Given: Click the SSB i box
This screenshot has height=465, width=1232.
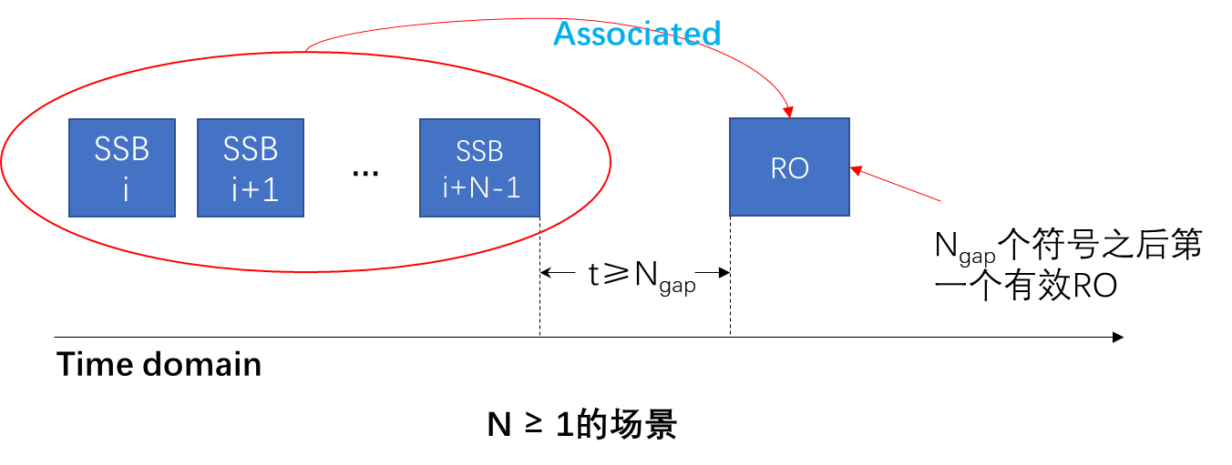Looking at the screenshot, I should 122,167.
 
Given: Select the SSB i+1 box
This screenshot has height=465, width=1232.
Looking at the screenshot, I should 251,167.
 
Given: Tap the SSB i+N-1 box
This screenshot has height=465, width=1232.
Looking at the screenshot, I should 479,167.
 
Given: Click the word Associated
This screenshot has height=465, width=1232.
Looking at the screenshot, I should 637,34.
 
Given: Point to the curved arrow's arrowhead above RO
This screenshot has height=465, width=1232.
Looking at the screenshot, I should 788,112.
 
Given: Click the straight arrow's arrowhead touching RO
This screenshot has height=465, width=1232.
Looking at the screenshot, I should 856,168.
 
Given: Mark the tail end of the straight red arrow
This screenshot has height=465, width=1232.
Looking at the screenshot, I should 940,200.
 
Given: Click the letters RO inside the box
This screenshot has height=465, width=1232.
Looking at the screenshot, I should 789,169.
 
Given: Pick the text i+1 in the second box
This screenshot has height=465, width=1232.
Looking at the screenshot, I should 254,189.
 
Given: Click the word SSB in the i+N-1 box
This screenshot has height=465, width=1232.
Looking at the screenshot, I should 479,150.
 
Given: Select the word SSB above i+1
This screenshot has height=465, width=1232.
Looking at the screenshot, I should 251,148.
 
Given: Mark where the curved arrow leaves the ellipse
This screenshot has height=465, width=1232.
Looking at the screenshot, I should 306,51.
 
